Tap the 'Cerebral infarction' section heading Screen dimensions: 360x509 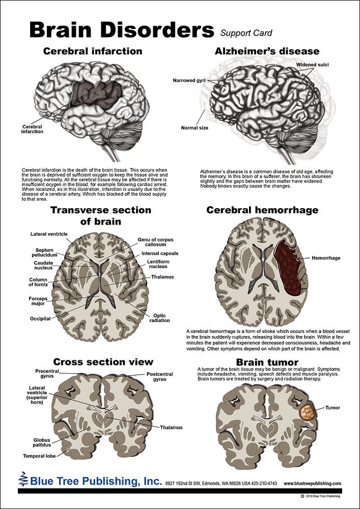tap(93, 51)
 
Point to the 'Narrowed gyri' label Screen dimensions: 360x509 tap(190, 80)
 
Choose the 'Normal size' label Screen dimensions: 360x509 tap(195, 128)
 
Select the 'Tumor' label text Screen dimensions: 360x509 tap(333, 408)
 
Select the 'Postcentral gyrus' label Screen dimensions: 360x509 tap(159, 377)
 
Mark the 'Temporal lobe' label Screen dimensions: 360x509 tap(40, 456)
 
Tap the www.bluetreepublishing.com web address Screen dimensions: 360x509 tap(312, 483)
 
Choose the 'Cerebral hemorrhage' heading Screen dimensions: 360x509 tap(262, 210)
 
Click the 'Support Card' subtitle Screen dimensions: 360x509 tap(246, 33)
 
